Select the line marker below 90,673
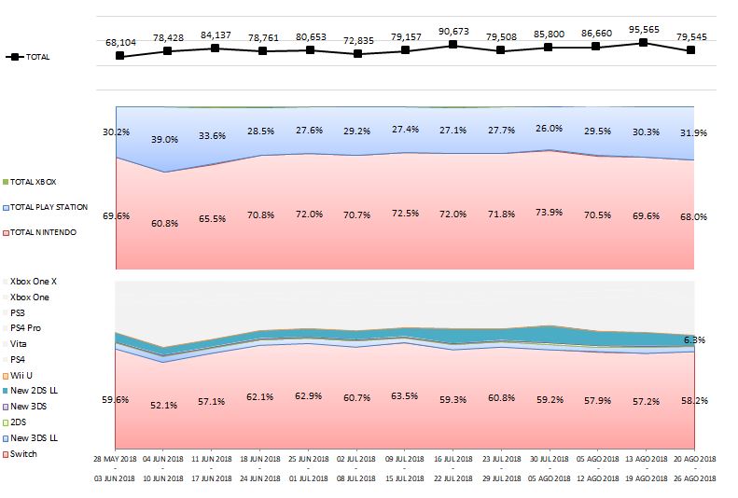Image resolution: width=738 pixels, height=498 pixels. (x=453, y=44)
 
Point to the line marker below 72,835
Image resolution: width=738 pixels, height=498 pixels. (x=357, y=54)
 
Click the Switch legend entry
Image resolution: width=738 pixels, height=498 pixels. (x=24, y=454)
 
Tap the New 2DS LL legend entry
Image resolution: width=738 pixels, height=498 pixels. (x=35, y=391)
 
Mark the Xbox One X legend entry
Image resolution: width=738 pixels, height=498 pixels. (x=35, y=281)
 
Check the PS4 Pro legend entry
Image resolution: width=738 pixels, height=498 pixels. (x=29, y=328)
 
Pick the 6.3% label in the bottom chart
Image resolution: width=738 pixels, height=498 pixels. (x=695, y=340)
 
